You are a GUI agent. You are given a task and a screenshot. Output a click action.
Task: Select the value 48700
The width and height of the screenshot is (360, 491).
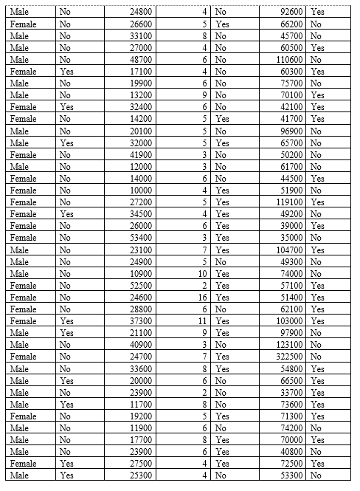point(139,59)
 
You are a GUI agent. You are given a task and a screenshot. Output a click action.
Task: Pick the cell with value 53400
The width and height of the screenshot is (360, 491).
point(139,238)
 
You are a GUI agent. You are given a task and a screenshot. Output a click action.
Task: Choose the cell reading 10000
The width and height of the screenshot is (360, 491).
point(139,190)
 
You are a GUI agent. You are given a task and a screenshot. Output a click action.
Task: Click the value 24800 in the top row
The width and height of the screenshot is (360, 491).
point(139,12)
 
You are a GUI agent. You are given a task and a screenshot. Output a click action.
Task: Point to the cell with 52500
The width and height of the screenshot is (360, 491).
point(139,285)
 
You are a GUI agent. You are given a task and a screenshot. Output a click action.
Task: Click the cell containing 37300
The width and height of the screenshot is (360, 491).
point(139,321)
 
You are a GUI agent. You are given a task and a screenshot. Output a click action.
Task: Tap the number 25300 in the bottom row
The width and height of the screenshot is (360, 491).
point(139,475)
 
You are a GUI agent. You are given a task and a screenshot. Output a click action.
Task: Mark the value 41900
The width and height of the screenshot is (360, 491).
point(139,154)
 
